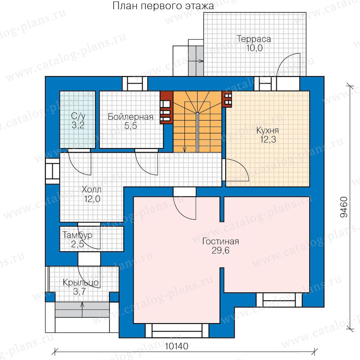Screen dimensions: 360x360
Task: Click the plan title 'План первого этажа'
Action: click(163, 6)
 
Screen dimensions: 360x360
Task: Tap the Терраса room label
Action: click(254, 39)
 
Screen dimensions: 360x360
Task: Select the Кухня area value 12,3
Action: click(268, 139)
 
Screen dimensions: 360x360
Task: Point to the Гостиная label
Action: click(221, 241)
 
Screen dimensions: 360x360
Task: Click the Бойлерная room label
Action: click(131, 117)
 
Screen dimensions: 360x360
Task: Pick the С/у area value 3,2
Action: click(78, 125)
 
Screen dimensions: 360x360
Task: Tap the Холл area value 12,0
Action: click(92, 199)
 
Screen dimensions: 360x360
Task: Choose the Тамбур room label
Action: click(77, 235)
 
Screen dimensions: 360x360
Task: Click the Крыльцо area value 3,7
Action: click(80, 292)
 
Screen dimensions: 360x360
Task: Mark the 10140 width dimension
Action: click(176, 346)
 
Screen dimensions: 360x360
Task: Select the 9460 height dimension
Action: click(344, 207)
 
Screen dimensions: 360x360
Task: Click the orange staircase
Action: click(198, 122)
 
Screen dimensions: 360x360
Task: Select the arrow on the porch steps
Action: click(82, 310)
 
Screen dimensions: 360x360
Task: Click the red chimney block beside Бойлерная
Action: click(166, 108)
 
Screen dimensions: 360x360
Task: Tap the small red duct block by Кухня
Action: click(227, 99)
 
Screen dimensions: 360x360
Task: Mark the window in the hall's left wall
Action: click(52, 171)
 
